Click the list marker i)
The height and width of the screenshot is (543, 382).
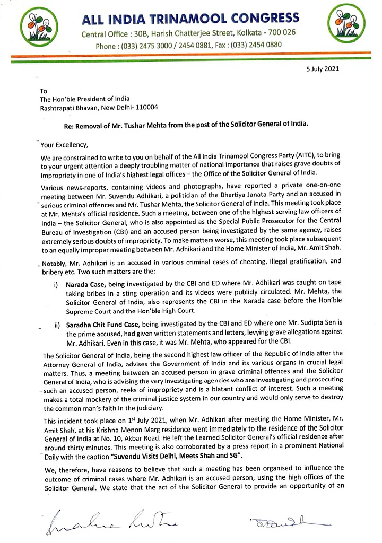[56, 285]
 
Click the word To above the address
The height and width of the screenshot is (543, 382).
[44, 91]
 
